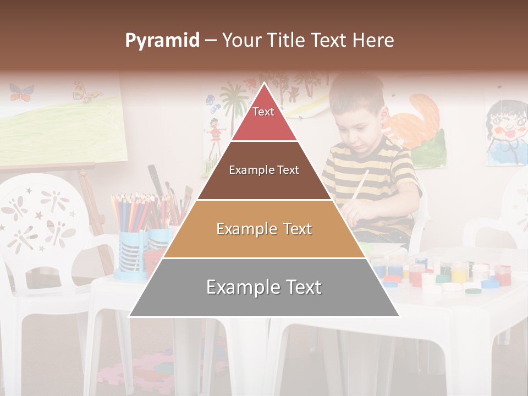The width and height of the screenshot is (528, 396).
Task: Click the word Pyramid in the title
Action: (x=162, y=41)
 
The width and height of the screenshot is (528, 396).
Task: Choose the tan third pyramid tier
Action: (x=264, y=229)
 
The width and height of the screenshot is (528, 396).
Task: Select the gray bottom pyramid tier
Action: (x=264, y=288)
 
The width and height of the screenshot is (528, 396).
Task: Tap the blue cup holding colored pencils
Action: (x=132, y=253)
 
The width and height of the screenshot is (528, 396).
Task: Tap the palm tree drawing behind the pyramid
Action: (x=234, y=102)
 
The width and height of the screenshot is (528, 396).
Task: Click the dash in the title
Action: (x=211, y=41)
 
